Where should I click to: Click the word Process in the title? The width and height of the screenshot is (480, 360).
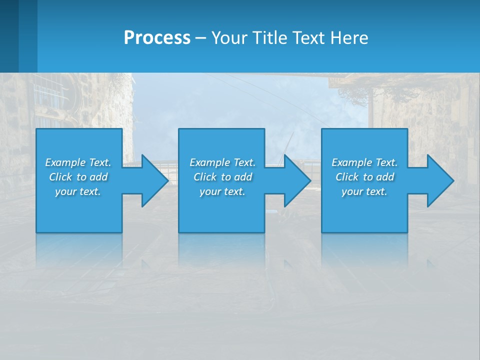click(x=157, y=38)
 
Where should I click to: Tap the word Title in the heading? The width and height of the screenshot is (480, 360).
click(x=268, y=38)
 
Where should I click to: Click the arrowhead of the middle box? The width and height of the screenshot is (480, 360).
click(x=297, y=180)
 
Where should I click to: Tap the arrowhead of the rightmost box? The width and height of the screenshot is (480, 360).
click(x=440, y=180)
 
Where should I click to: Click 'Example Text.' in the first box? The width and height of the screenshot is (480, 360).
click(x=78, y=162)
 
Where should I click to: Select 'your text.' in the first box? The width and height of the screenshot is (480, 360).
click(x=78, y=191)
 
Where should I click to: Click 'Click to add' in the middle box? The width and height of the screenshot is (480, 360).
click(x=222, y=177)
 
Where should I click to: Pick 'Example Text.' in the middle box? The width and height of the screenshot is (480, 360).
click(x=222, y=162)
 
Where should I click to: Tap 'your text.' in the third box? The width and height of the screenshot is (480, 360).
click(x=364, y=191)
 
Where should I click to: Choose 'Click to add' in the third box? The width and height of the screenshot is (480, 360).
click(x=364, y=177)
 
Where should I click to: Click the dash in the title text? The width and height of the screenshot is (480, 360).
click(x=201, y=38)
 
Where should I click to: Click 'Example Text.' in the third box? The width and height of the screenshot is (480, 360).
click(x=364, y=162)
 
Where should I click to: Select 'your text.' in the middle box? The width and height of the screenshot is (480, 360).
click(x=222, y=191)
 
